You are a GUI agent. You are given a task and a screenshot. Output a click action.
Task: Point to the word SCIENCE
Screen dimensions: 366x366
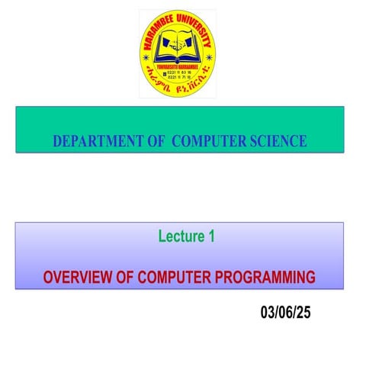(278, 141)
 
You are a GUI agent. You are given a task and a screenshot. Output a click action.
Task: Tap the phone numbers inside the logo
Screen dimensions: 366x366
(178, 75)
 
